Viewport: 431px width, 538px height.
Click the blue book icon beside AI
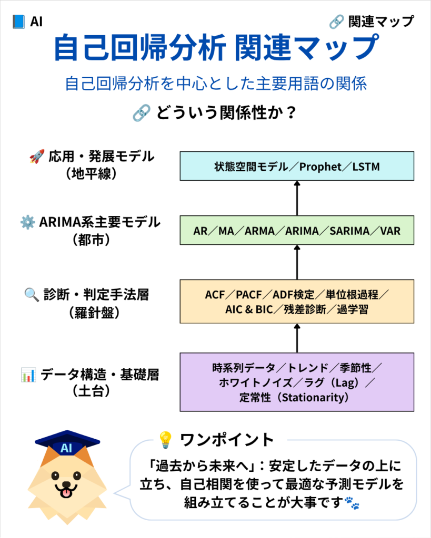pyautogui.click(x=18, y=22)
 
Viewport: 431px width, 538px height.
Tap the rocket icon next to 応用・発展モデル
pyautogui.click(x=37, y=156)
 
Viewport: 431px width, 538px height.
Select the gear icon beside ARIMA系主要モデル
pyautogui.click(x=27, y=222)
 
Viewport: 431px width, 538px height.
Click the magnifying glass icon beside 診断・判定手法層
pyautogui.click(x=32, y=295)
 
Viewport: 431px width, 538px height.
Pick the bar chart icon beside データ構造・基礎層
pyautogui.click(x=28, y=375)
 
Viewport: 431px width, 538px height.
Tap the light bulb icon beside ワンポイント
pyautogui.click(x=165, y=440)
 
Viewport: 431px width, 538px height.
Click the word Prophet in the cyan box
pyautogui.click(x=320, y=167)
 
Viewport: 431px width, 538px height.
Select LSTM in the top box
pyautogui.click(x=366, y=167)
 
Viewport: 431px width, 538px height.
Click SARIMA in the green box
pyautogui.click(x=349, y=231)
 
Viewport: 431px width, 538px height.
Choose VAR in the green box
pyautogui.click(x=390, y=231)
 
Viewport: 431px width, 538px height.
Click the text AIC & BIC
pyautogui.click(x=249, y=309)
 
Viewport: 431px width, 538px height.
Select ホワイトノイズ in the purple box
pyautogui.click(x=256, y=382)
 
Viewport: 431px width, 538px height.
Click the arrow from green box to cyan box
pyautogui.click(x=297, y=198)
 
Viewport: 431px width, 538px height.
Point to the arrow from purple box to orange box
pyautogui.click(x=297, y=338)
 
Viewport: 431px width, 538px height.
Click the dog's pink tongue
pyautogui.click(x=66, y=493)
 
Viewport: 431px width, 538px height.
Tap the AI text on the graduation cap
pyautogui.click(x=66, y=448)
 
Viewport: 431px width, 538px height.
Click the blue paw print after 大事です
pyautogui.click(x=352, y=503)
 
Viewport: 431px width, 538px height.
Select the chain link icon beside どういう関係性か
pyautogui.click(x=142, y=113)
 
